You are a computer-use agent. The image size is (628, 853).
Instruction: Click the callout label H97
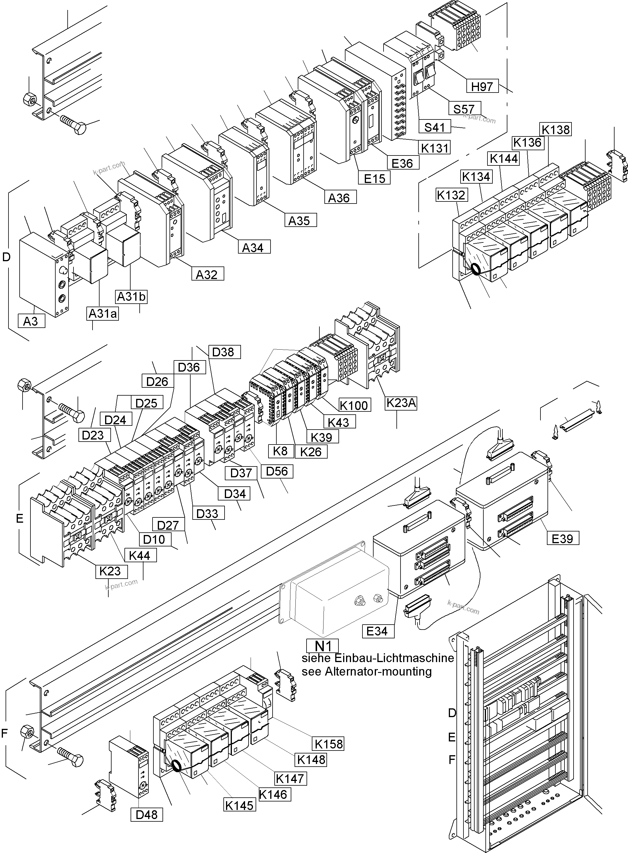(x=482, y=87)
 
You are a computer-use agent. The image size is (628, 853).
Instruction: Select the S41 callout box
(x=434, y=127)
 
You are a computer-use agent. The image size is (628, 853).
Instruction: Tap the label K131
(x=435, y=148)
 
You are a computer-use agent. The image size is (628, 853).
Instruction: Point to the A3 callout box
(x=31, y=321)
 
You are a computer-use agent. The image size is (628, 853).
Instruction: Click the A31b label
(x=131, y=297)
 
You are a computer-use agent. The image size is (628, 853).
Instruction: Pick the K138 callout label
(x=555, y=130)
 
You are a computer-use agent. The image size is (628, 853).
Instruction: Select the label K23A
(x=401, y=403)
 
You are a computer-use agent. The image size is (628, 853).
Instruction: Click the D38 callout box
(x=223, y=352)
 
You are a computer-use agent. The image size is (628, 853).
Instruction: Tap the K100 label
(x=354, y=406)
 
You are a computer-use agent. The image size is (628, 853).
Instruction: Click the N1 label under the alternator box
(x=322, y=645)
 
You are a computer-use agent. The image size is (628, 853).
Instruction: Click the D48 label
(x=146, y=815)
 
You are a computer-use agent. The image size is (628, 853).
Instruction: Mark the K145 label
(x=239, y=805)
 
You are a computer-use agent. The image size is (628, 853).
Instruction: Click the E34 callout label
(x=377, y=631)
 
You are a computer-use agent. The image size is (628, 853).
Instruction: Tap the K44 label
(x=140, y=555)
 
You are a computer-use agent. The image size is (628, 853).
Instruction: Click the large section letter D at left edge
(x=6, y=257)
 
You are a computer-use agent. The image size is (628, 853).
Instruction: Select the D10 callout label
(x=154, y=539)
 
